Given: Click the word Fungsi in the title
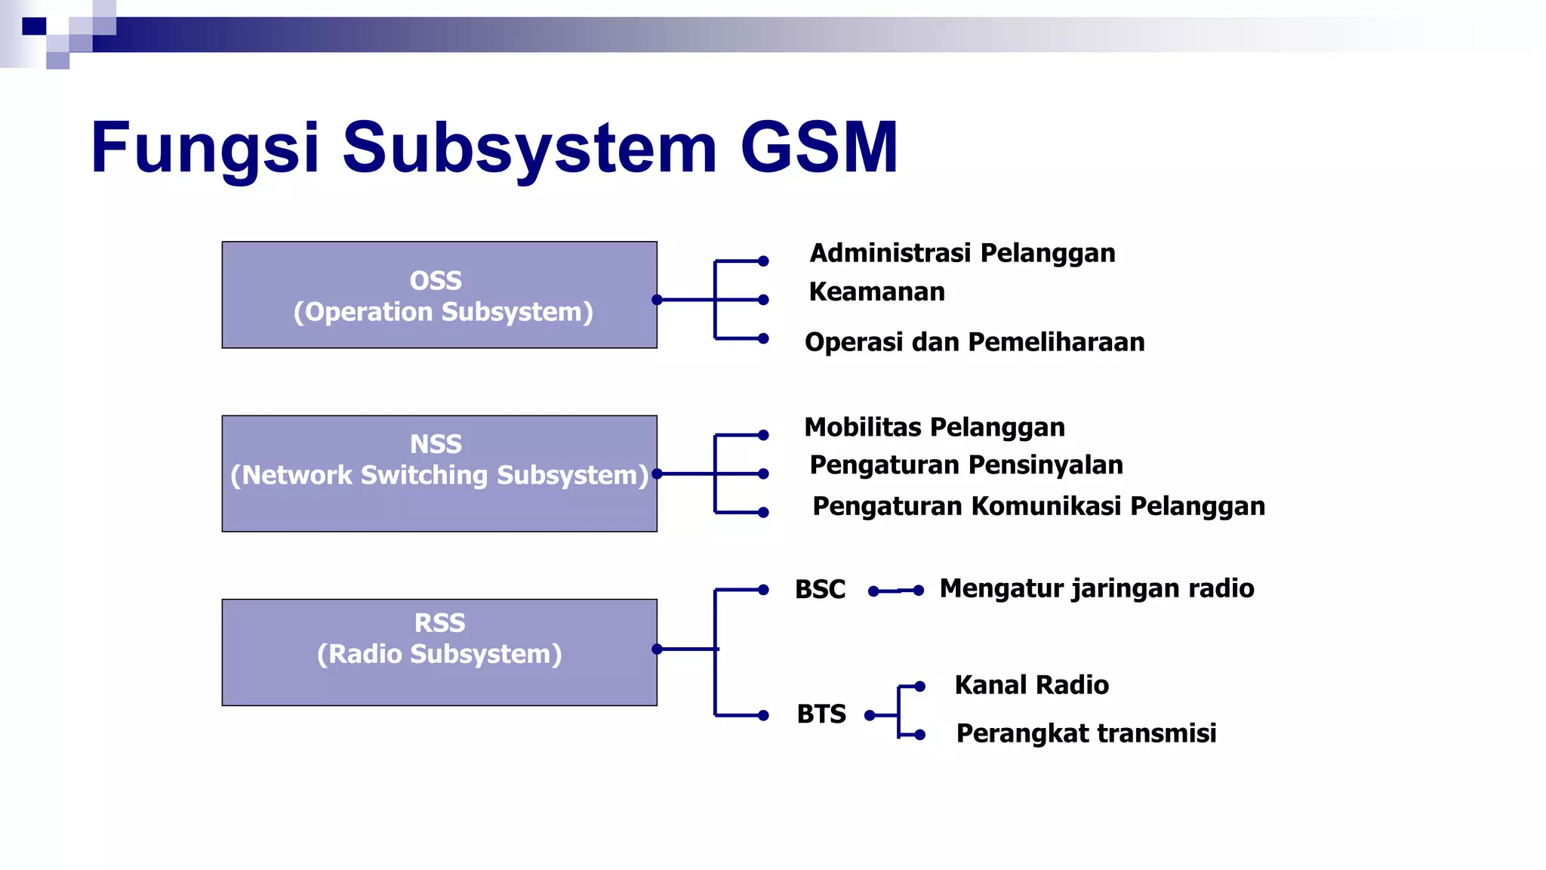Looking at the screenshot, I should tap(205, 148).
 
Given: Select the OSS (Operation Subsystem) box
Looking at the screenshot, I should tap(439, 295).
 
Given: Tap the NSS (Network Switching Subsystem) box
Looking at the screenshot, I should tap(439, 474).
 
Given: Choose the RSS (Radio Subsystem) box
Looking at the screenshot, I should tap(439, 652).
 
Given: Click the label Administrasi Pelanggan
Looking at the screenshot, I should tap(962, 253).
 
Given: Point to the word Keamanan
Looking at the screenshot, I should tap(876, 292).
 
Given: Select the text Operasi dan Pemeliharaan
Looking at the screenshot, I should tap(975, 342).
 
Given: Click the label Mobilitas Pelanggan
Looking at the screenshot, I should tap(935, 427).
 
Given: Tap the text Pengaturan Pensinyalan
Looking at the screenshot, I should tap(966, 465).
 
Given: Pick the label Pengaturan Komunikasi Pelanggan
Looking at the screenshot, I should tap(1039, 506).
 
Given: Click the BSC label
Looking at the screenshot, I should tap(820, 589).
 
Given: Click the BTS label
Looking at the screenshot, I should tap(821, 714).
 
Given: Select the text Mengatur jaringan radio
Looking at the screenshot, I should tap(1097, 588).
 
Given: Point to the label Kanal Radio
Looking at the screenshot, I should tap(1032, 685).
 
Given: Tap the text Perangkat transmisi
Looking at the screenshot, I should tap(1086, 733).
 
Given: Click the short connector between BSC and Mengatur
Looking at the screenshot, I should tap(896, 591).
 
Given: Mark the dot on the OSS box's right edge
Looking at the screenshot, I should tap(657, 300).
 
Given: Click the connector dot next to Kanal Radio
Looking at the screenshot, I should tap(919, 686).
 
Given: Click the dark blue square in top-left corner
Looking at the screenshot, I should tap(34, 26).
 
